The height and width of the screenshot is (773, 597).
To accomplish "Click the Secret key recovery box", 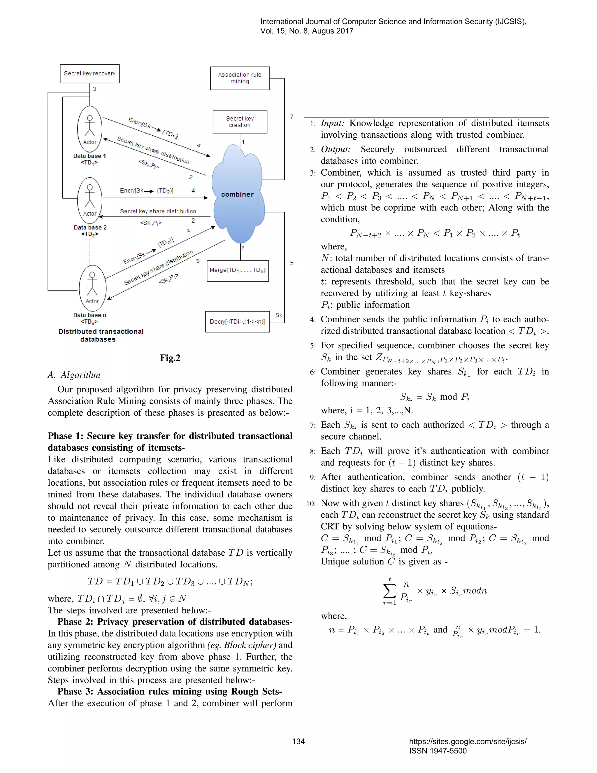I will pos(89,74).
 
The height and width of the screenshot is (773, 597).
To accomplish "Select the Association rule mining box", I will pos(240,78).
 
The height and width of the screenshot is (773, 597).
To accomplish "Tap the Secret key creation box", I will pos(240,122).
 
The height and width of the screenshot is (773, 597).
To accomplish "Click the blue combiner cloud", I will pos(238,195).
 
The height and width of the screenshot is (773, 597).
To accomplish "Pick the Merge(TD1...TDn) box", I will pos(238,271).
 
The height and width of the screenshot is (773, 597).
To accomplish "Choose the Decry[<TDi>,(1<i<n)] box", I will pos(237,322).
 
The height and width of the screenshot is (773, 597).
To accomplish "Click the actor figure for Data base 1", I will pos(90,130).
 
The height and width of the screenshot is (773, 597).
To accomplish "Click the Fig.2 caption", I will pos(170,358).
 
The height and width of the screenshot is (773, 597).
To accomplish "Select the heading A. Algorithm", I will pos(74,375).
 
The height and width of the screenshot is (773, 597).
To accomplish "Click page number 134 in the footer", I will pos(298,741).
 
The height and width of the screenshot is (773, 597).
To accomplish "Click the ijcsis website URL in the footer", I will pos(468,741).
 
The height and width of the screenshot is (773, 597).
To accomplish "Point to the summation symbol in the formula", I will pos(389,590).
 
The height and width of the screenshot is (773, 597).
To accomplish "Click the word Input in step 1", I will pos(332,123).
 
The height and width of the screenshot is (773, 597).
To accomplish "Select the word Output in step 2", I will pos(335,149).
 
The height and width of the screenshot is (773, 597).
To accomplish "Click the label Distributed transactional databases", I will pos(101,335).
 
